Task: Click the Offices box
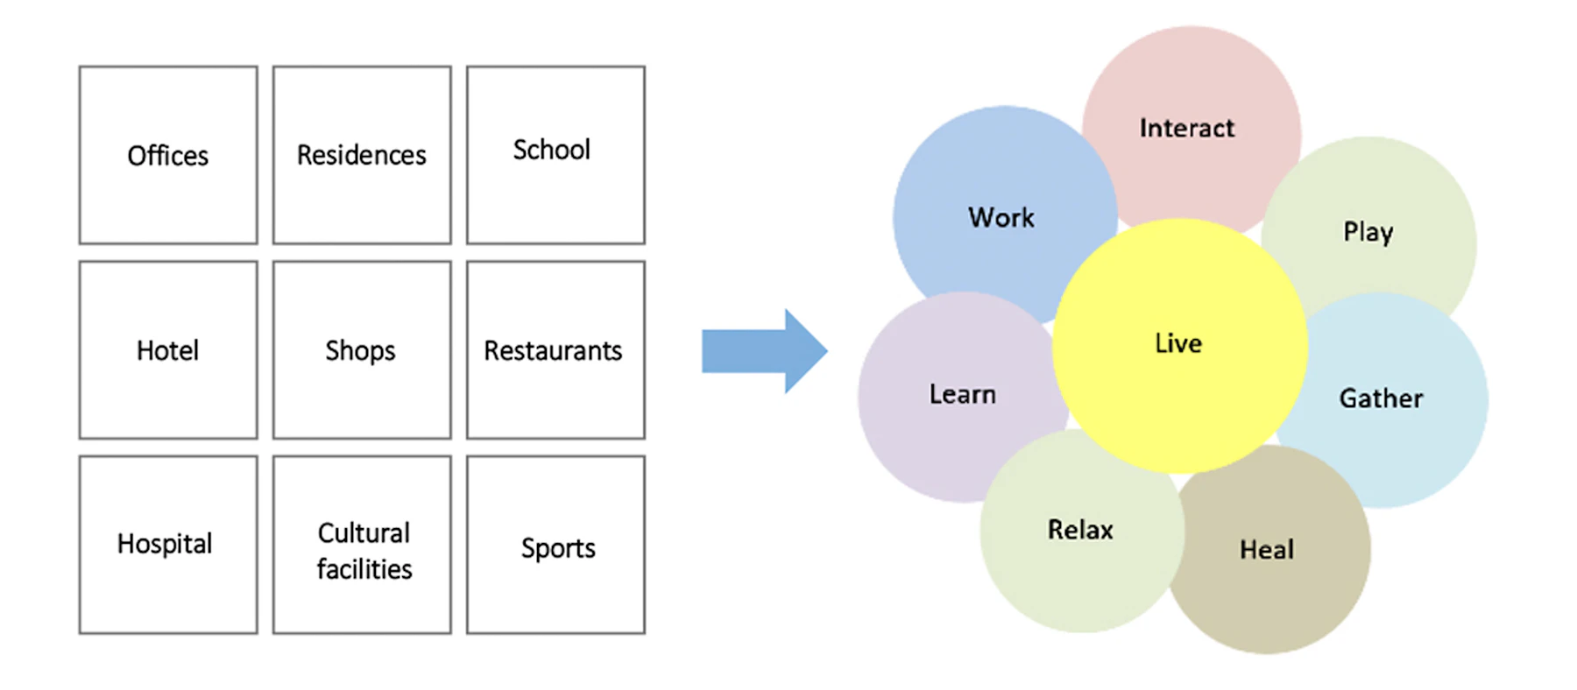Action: tap(168, 155)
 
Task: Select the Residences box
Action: tap(362, 155)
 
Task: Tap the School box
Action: tap(555, 155)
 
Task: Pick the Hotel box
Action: tap(168, 350)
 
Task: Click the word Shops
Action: tap(360, 350)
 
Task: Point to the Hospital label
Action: tap(165, 544)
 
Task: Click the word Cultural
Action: tap(364, 532)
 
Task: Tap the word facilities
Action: tap(364, 569)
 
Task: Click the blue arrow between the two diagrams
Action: tap(762, 351)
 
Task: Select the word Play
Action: tap(1368, 232)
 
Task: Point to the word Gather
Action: tap(1381, 398)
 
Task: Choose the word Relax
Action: tap(1080, 530)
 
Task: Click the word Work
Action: tap(1001, 217)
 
